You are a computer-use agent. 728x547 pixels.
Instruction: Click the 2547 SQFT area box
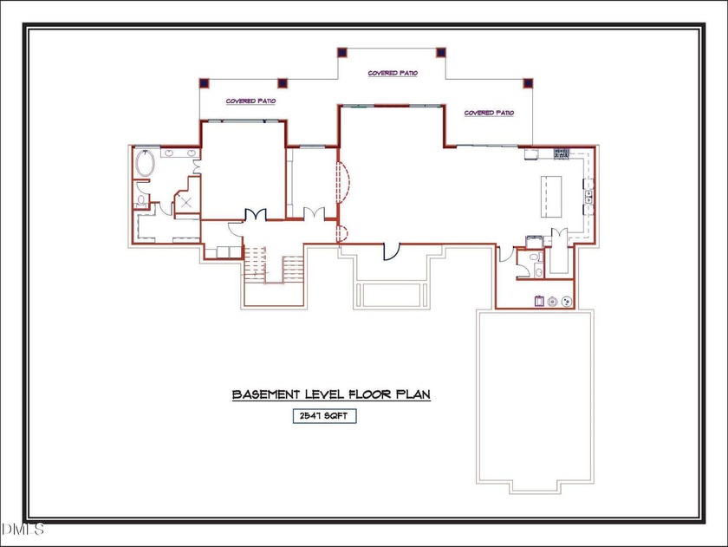pyautogui.click(x=324, y=415)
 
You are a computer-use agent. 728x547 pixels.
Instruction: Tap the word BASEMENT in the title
pyautogui.click(x=266, y=394)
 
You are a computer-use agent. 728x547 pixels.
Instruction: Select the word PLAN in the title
pyautogui.click(x=413, y=394)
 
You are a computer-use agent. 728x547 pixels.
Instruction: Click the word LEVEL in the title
pyautogui.click(x=324, y=394)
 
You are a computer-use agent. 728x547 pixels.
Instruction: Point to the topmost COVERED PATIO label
pyautogui.click(x=393, y=73)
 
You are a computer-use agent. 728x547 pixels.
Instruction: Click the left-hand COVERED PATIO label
pyautogui.click(x=250, y=101)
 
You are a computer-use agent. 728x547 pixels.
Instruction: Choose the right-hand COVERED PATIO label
pyautogui.click(x=489, y=113)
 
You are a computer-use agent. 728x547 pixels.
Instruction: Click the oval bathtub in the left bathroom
pyautogui.click(x=145, y=164)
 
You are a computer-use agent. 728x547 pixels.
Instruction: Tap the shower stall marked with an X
pyautogui.click(x=186, y=202)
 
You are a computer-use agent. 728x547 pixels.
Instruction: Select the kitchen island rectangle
pyautogui.click(x=551, y=197)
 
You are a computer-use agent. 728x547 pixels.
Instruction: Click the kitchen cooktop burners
pyautogui.click(x=562, y=153)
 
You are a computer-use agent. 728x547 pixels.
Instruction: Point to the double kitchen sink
pyautogui.click(x=588, y=197)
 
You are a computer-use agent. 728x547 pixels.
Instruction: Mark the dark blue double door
pyautogui.click(x=256, y=214)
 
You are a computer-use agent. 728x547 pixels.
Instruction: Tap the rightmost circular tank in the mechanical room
pyautogui.click(x=567, y=302)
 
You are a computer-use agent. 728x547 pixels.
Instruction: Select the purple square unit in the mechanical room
pyautogui.click(x=539, y=301)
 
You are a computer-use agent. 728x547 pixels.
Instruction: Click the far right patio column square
pyautogui.click(x=528, y=83)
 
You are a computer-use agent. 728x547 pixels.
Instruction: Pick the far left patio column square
pyautogui.click(x=205, y=83)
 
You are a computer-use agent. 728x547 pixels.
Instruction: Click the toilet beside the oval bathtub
pyautogui.click(x=141, y=200)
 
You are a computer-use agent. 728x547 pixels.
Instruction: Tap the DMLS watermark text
pyautogui.click(x=23, y=529)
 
